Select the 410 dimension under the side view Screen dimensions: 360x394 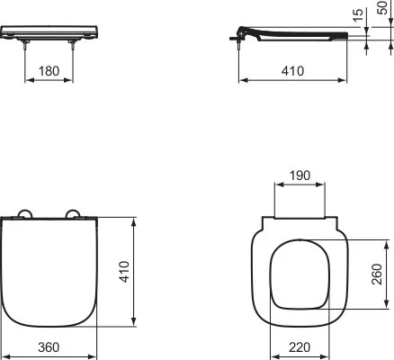coord(291,70)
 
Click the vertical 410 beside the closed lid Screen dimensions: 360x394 coord(125,270)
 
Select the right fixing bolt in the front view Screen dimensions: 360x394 coord(72,44)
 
